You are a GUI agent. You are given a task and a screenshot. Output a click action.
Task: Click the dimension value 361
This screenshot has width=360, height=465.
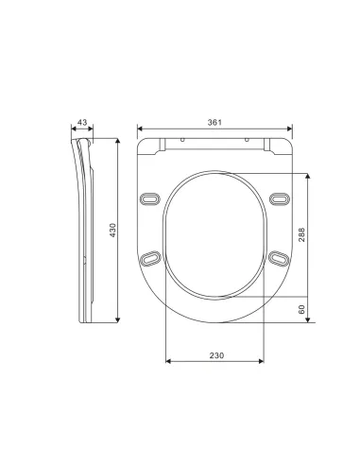214,123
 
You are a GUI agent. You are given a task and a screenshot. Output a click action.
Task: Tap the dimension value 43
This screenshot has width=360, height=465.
82,122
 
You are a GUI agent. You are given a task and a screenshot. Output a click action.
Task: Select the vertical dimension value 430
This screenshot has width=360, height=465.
112,231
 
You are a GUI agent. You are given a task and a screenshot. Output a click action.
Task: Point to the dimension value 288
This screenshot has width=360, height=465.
301,234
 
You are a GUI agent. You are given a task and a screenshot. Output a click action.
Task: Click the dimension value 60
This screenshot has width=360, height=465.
301,309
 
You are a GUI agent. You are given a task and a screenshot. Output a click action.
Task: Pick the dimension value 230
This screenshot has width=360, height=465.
216,355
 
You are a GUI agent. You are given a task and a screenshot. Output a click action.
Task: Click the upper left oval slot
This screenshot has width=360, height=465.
150,199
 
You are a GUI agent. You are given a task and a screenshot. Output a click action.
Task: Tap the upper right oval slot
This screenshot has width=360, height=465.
280,199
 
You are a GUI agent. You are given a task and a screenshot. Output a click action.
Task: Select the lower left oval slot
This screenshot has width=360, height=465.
150,258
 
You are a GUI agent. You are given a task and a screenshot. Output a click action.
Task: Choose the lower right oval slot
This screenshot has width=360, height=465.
279,258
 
